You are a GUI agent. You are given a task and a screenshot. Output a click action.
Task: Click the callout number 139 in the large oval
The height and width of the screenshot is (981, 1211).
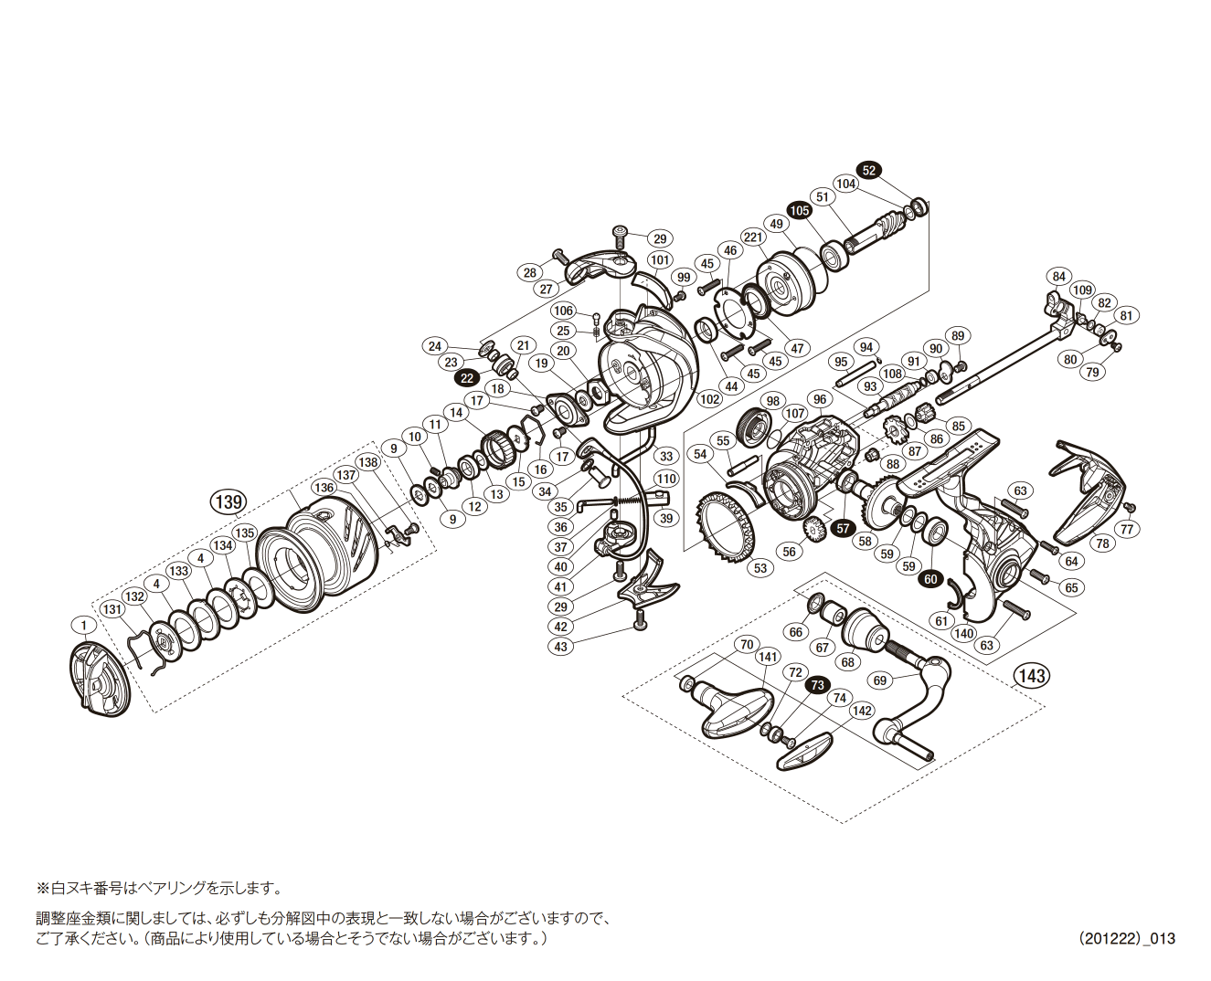point(228,501)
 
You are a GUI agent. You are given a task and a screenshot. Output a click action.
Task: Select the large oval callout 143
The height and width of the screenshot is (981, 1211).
point(1032,676)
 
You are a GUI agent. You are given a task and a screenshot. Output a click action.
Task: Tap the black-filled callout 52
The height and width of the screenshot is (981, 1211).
point(868,171)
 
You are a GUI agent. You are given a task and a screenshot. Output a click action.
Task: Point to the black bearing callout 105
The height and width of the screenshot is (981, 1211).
point(800,210)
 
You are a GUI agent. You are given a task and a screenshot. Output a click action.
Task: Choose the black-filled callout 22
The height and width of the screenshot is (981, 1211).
point(468,378)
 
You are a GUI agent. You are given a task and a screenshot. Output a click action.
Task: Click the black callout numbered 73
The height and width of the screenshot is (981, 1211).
point(817,685)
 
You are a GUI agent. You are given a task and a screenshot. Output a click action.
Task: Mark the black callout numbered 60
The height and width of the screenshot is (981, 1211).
point(931,579)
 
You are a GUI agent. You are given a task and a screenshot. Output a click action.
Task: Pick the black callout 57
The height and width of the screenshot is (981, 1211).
point(843,528)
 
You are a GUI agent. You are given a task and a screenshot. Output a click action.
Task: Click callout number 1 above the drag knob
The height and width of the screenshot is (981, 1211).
point(83,626)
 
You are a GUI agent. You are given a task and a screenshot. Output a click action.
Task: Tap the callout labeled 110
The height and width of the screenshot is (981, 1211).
point(666,479)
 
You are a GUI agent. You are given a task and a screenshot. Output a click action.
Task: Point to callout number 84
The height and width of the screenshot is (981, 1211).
point(1058,277)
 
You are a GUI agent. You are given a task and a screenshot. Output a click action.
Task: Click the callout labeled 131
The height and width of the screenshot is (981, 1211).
point(112,609)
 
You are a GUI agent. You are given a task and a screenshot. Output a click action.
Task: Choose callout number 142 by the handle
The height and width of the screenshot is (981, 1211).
point(862,711)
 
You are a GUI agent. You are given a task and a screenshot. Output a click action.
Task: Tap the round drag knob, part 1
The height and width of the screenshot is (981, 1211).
point(99,680)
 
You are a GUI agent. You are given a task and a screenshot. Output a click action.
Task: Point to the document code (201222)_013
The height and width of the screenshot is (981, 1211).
point(1126,938)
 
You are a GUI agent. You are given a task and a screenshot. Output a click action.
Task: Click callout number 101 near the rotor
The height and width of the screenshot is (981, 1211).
point(660,260)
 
